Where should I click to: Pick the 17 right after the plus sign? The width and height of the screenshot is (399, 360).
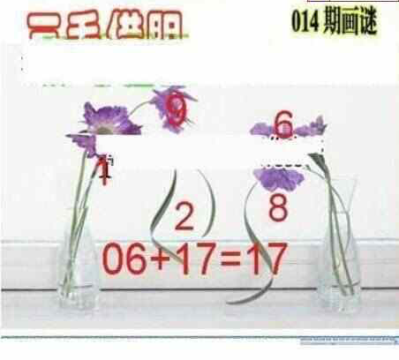pos(194,259)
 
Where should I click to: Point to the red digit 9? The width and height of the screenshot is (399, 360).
pos(177,109)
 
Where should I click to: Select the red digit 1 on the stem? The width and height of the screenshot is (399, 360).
pos(103,169)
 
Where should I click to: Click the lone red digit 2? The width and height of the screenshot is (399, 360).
pos(184,214)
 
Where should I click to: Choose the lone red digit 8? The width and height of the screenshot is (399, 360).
pos(279,207)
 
